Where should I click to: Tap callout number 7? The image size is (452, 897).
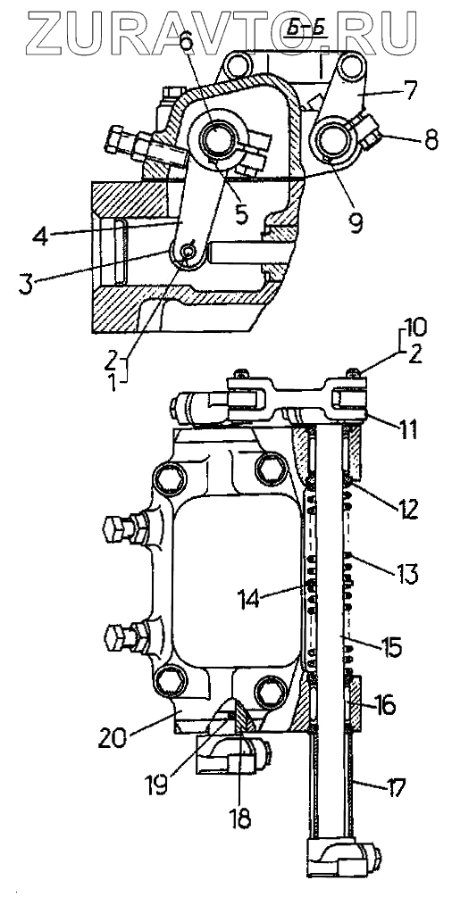click(x=410, y=90)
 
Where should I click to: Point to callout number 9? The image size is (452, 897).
click(x=356, y=222)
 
